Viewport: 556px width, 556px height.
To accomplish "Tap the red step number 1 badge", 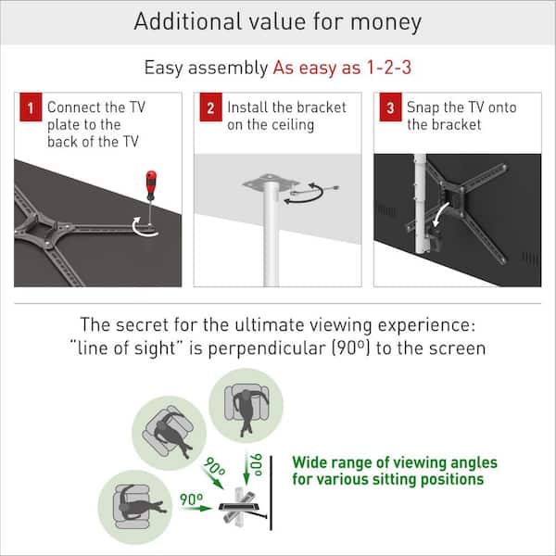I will tap(32, 108).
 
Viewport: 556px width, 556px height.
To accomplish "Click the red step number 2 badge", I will tap(211, 108).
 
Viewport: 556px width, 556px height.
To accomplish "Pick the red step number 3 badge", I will tap(390, 108).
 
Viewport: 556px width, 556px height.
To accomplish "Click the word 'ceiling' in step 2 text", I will tap(282, 124).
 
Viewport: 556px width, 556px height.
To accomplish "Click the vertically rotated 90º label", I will tap(255, 463).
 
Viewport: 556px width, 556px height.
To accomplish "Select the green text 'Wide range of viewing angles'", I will tap(395, 462).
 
